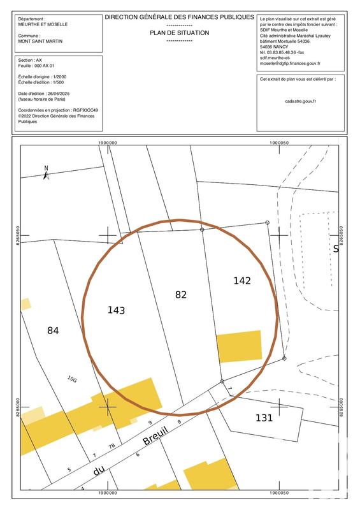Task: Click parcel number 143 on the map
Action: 116,310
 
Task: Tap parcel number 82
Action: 181,294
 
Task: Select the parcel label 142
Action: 242,280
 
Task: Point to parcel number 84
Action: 53,330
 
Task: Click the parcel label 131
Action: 264,418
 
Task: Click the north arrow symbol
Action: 46,170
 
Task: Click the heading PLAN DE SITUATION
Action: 179,32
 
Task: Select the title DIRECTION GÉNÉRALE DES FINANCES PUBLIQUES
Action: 179,20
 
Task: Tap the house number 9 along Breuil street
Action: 150,423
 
